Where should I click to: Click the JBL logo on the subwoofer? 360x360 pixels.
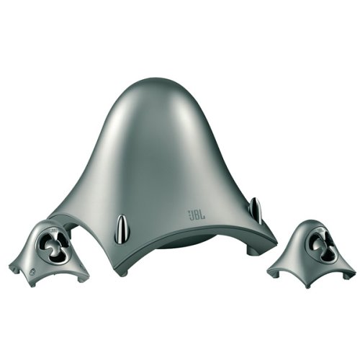click(196, 215)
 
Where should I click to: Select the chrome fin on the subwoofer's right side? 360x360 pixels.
click(255, 210)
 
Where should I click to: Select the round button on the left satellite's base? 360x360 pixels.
click(32, 273)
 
